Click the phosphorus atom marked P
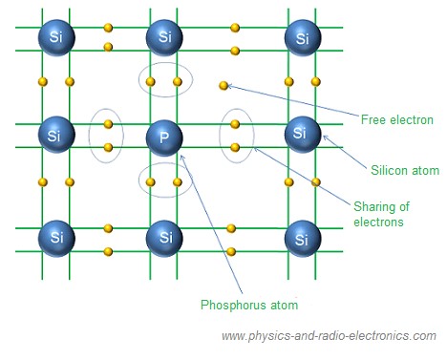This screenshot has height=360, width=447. coord(164,137)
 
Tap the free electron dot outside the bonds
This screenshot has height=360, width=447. coord(223,86)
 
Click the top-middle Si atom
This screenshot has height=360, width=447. coord(164,38)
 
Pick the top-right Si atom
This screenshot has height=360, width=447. coord(303,38)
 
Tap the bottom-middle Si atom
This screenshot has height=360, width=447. coord(164,235)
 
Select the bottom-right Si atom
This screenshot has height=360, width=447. coord(303,235)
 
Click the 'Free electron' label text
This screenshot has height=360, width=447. coord(397,120)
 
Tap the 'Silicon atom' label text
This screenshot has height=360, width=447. coord(404,171)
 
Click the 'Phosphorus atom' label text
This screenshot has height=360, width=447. coord(248,306)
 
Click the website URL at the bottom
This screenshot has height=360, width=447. coord(328,336)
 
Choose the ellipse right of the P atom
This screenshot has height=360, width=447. coord(237,135)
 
